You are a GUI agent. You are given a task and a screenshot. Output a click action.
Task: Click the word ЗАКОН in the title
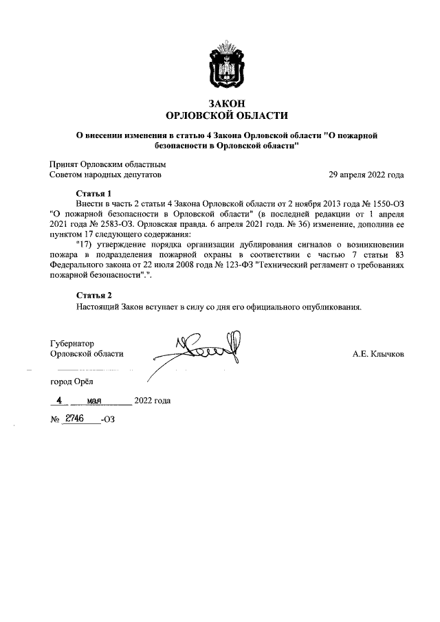click(227, 103)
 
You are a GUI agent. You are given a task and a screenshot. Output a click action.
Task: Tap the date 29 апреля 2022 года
click(366, 175)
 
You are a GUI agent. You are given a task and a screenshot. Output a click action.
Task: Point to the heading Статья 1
click(93, 193)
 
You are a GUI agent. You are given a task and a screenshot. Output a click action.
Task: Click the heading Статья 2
click(93, 296)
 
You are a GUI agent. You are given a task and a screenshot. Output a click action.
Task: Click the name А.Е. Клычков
click(377, 354)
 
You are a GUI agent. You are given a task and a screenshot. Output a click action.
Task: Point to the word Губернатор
click(72, 343)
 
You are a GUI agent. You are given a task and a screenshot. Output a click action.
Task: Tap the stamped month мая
click(95, 401)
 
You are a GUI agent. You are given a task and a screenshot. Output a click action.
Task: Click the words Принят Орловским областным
click(108, 164)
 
